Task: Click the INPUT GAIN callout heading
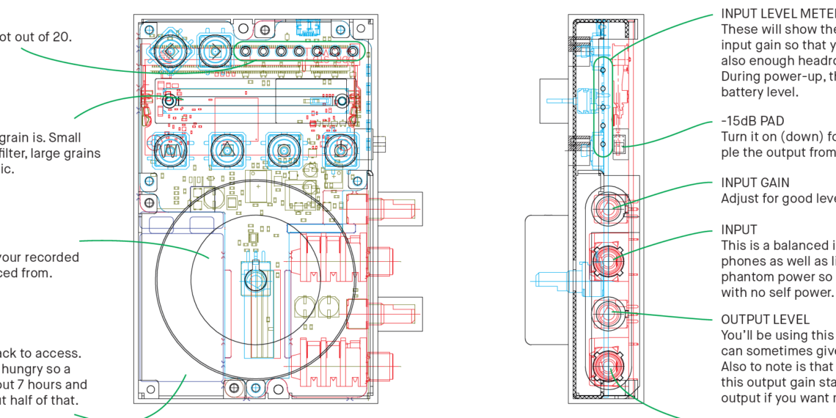tap(755, 183)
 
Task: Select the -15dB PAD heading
tap(752, 121)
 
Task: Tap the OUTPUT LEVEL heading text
tap(766, 320)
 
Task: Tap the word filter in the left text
tap(15, 153)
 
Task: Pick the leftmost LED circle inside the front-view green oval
tap(247, 51)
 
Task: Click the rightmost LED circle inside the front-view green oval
tap(352, 51)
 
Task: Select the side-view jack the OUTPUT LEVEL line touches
tap(607, 314)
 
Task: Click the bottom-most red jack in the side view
tap(606, 364)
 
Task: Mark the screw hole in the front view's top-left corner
tap(150, 29)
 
